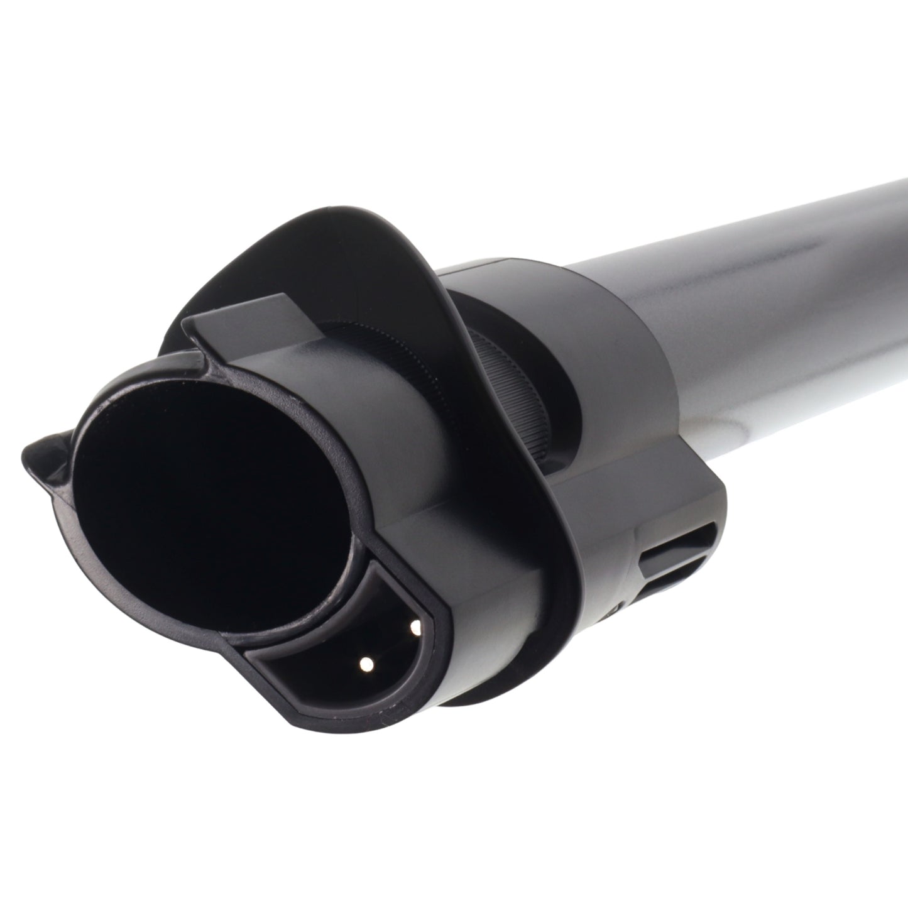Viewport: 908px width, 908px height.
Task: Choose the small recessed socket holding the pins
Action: (352, 635)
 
